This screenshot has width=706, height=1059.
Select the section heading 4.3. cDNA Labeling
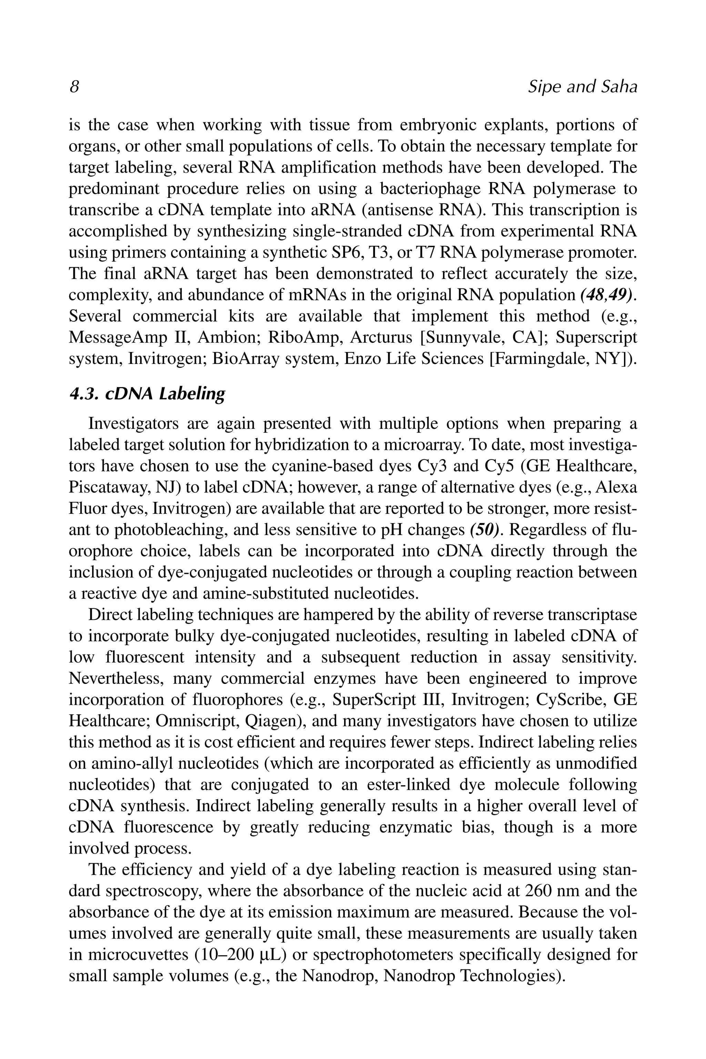coord(147,394)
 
